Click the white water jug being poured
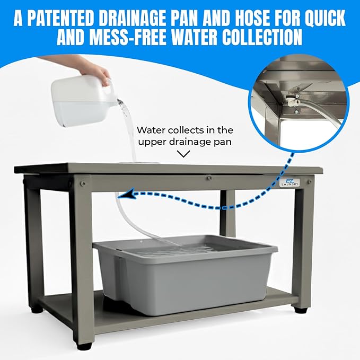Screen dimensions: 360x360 tap(80, 101)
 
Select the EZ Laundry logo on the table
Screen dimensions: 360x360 tap(289, 181)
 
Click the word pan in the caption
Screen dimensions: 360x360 tap(224, 142)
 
